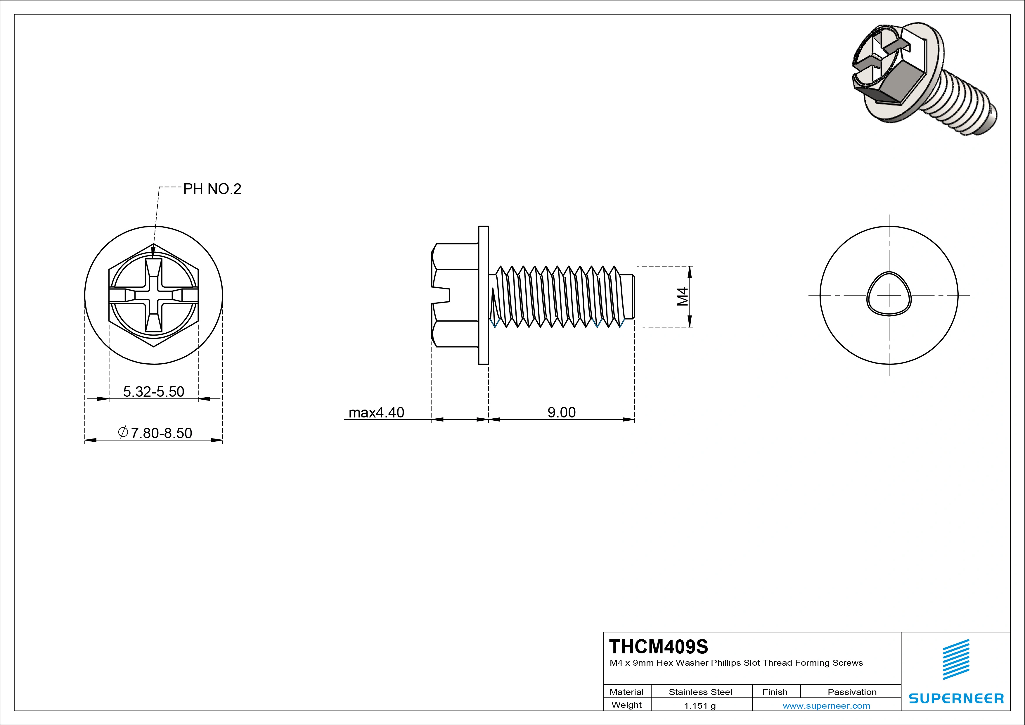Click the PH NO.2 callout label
[x=212, y=189]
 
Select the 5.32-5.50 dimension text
[x=154, y=391]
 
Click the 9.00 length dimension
[x=561, y=412]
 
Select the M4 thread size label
[x=683, y=297]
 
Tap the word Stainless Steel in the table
[x=700, y=692]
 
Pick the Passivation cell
[x=851, y=692]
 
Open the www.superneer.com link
[x=826, y=706]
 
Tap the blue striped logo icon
[x=956, y=659]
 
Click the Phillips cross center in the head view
[x=154, y=295]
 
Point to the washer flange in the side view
[x=484, y=295]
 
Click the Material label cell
[x=626, y=692]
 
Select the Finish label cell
[x=775, y=692]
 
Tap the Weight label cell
[x=626, y=705]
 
